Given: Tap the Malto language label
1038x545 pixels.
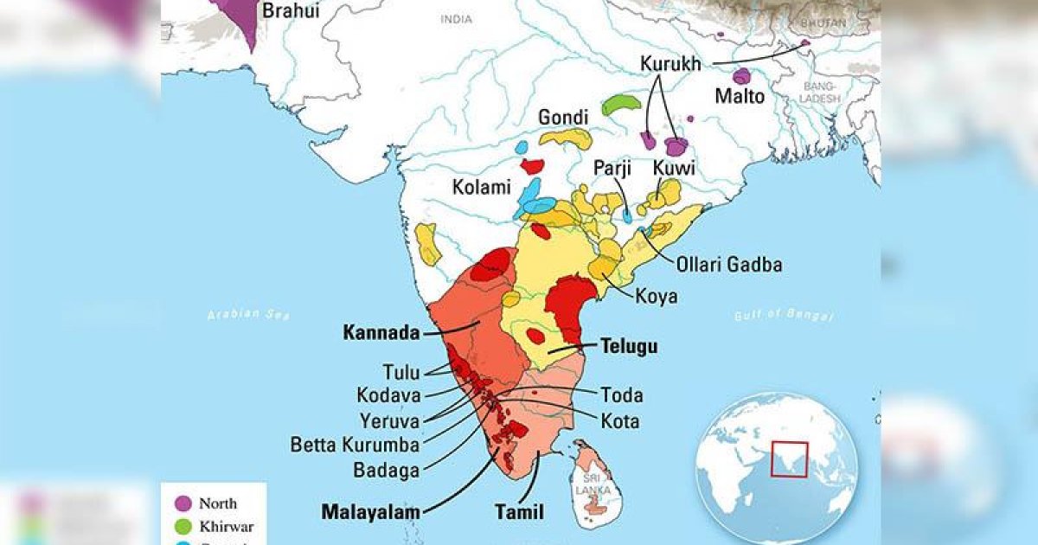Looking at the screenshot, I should (739, 97).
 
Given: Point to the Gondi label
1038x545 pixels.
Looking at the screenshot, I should (563, 117).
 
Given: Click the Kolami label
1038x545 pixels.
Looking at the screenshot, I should (481, 187).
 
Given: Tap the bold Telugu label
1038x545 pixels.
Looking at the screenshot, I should (629, 347).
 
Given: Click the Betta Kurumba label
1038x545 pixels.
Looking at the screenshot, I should (355, 446).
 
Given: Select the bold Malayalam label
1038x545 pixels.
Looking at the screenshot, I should (370, 511).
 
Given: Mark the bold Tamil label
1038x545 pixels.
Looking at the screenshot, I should (519, 512).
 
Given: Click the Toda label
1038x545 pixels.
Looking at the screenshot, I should (622, 395).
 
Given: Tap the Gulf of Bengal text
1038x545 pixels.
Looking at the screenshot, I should (783, 316).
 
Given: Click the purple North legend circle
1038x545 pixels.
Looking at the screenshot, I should (183, 503).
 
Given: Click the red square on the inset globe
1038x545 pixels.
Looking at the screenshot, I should (789, 459).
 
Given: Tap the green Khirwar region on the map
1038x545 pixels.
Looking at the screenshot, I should (621, 105).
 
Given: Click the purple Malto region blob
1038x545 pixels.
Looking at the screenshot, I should (741, 76).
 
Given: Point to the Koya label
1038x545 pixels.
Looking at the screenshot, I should (657, 297).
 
